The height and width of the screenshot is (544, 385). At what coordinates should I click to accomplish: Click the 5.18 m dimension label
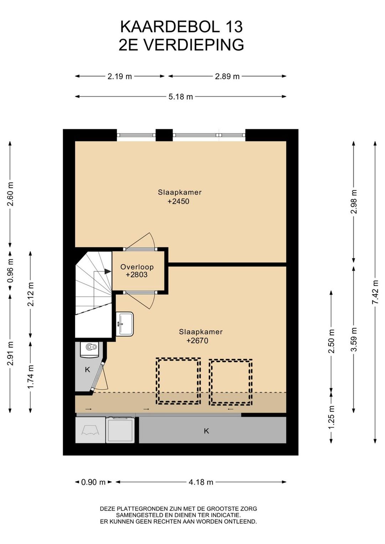tap(180, 97)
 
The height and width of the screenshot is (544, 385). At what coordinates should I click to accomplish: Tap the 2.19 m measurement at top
tap(119, 76)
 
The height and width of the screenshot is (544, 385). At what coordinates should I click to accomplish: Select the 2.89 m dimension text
tap(227, 76)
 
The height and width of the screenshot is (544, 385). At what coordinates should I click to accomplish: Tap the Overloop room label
tap(137, 267)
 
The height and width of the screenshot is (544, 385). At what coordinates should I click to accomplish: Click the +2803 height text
tap(137, 275)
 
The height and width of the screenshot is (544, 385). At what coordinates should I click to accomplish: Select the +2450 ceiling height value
tap(178, 201)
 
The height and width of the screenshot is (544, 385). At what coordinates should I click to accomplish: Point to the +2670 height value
tap(197, 341)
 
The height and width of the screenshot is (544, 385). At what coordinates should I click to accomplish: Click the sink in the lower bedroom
tap(124, 324)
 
